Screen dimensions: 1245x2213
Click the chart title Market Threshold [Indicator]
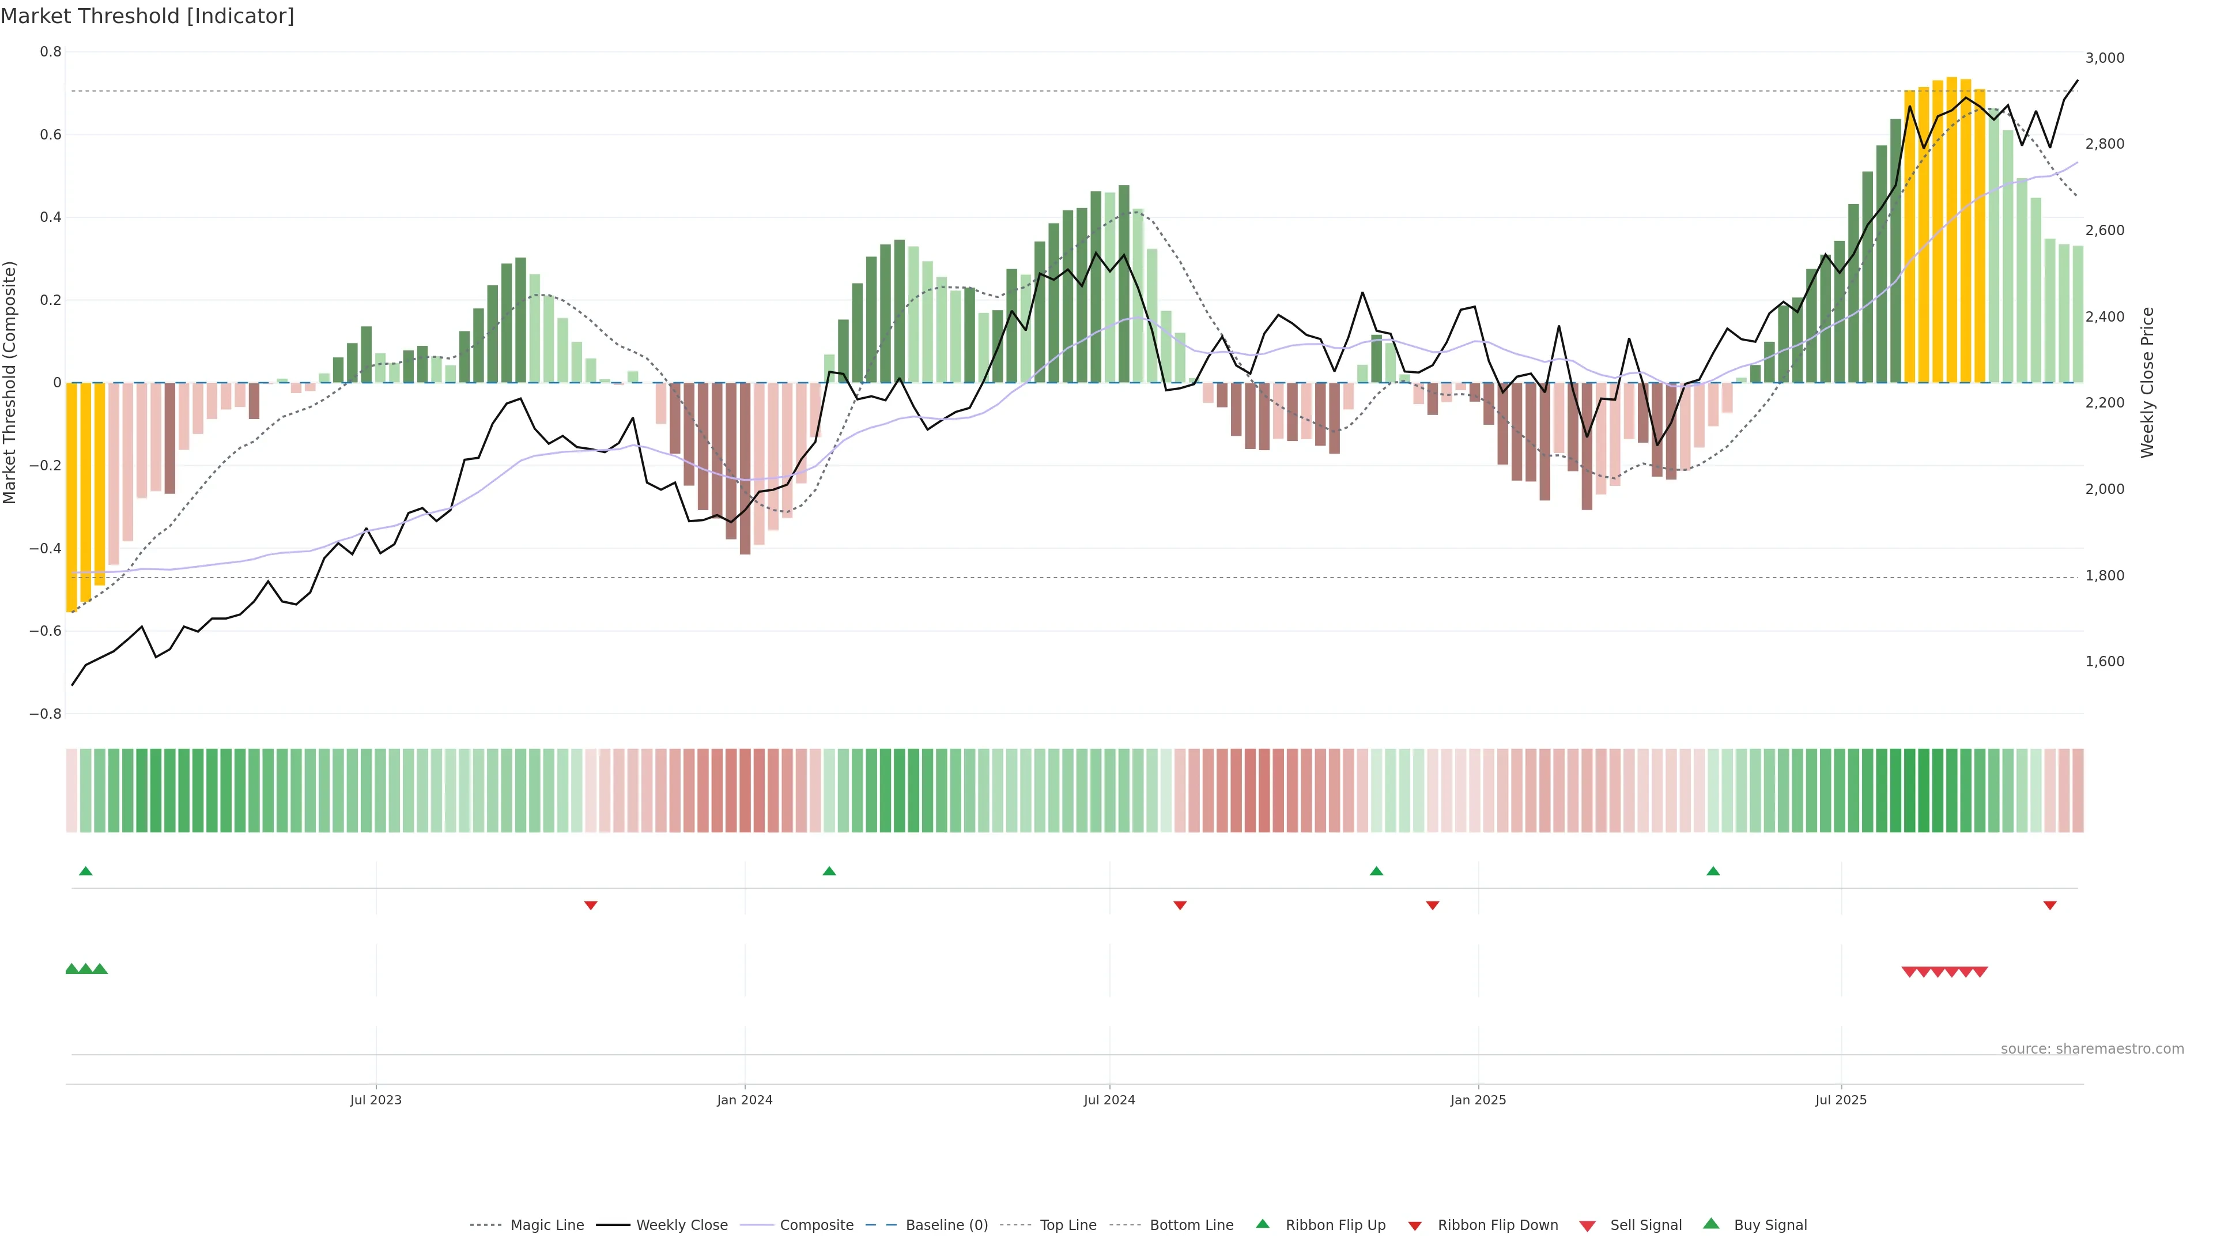(x=147, y=16)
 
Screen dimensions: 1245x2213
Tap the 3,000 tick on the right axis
(x=2105, y=58)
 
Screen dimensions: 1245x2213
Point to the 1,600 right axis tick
(x=2105, y=662)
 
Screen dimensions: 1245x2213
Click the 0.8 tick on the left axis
(x=51, y=51)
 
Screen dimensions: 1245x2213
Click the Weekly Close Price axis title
(x=2148, y=382)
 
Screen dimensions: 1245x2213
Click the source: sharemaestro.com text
(x=2092, y=1049)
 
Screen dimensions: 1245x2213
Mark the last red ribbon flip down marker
(x=2050, y=906)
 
